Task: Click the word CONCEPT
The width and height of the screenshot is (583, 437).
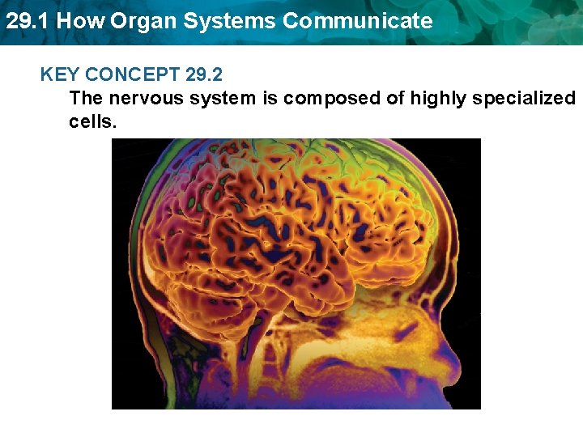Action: pyautogui.click(x=133, y=75)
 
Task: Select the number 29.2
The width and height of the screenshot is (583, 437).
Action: pyautogui.click(x=204, y=75)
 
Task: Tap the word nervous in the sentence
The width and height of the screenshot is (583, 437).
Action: pyautogui.click(x=138, y=99)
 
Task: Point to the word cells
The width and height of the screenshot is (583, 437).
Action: pyautogui.click(x=93, y=122)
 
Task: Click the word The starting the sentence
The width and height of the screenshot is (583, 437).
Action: pyautogui.click(x=87, y=99)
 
